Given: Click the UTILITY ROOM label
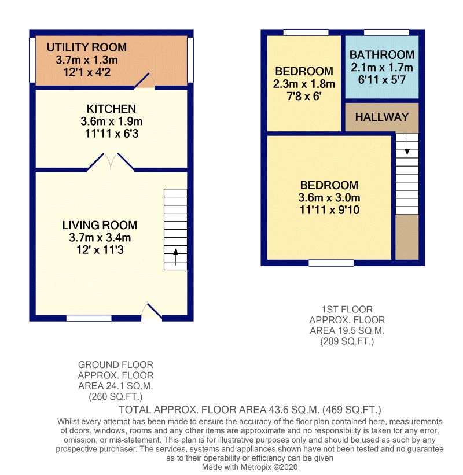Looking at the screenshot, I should point(86,47).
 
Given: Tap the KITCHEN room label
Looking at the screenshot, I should point(111,109).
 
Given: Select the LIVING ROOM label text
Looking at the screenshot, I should point(100,225).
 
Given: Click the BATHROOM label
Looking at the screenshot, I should point(382,55).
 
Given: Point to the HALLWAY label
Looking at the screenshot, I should point(382,117).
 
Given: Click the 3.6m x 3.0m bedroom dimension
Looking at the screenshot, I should point(329,198).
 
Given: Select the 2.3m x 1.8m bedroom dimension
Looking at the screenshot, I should point(304,84).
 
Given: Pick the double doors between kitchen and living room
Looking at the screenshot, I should point(111,163).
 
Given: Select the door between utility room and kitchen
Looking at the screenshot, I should point(144,81).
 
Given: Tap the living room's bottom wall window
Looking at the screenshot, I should point(89,318).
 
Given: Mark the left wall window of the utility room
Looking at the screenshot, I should point(32,60).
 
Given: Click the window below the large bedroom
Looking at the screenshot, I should point(331,263).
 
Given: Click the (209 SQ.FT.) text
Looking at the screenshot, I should point(347,342).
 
